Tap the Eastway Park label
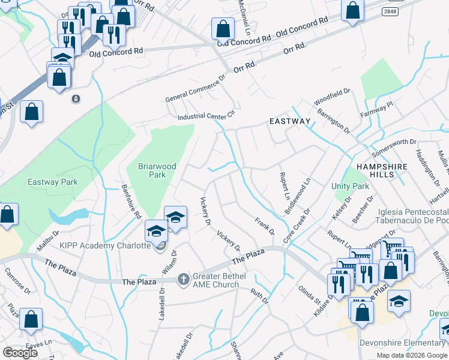coord(52,181)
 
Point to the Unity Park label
coord(350,186)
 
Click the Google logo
coord(20,353)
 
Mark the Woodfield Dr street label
coord(332,97)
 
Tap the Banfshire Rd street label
coord(131,201)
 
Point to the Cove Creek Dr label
coord(301,223)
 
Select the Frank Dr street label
coord(264,227)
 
